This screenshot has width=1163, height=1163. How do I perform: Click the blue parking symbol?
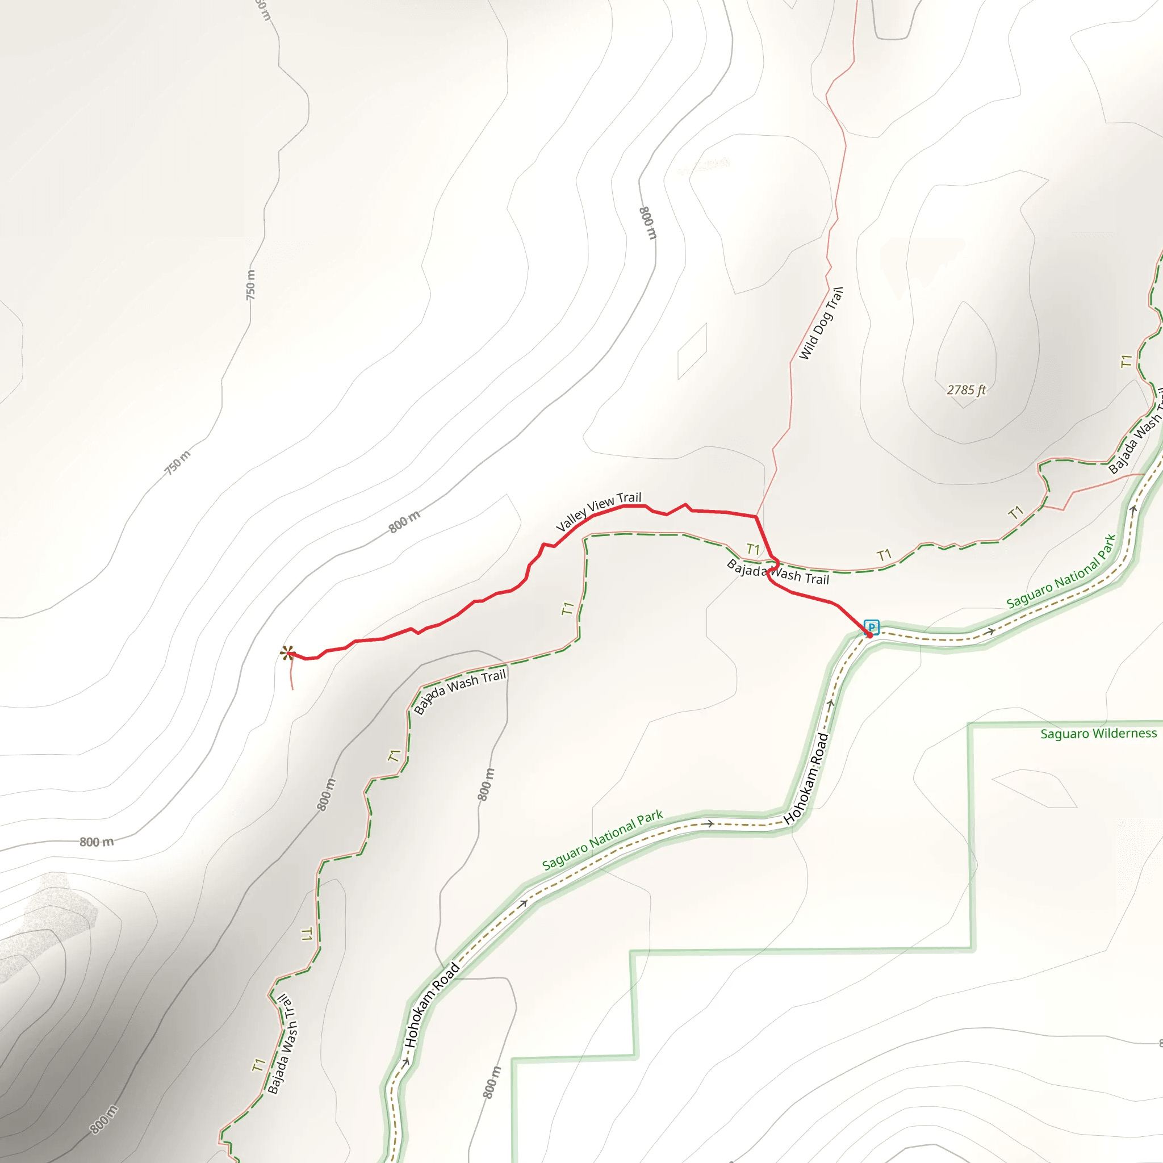tap(871, 627)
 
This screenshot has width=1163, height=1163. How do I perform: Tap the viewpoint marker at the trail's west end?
tap(287, 652)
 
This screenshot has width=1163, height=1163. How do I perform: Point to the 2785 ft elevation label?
tap(966, 390)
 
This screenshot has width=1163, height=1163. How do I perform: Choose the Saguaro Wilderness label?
tap(1099, 733)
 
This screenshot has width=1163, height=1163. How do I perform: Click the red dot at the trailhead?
tap(869, 635)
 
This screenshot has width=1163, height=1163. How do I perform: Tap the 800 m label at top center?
tap(647, 223)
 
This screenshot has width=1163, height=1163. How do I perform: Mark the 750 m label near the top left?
tap(250, 285)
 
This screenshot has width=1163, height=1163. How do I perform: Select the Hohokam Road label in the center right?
tap(806, 779)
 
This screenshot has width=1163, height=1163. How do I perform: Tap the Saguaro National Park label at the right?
tap(1061, 571)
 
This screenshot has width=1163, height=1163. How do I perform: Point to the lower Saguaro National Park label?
tap(602, 840)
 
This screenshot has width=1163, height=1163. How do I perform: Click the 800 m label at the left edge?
tap(97, 842)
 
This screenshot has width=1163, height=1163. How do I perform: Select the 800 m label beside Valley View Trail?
tap(404, 521)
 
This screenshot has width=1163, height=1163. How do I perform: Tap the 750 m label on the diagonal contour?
tap(178, 462)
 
